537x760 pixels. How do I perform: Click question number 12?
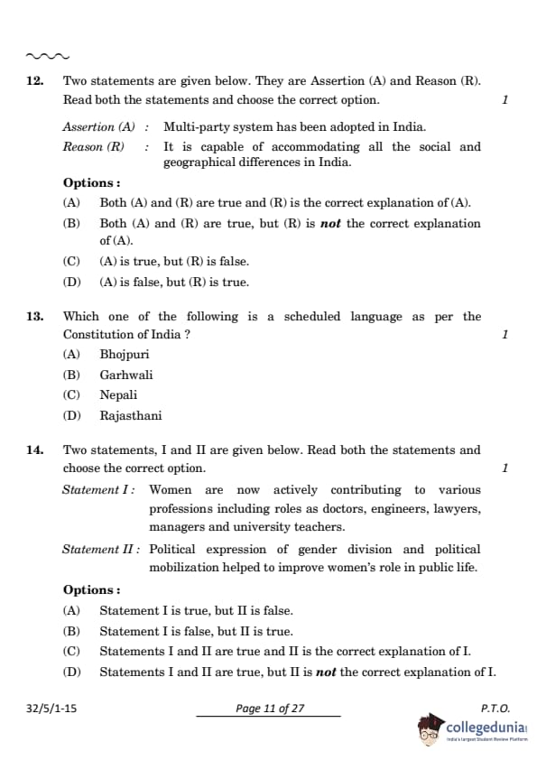point(35,80)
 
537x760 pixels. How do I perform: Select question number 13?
point(35,316)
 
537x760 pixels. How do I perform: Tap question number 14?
point(35,450)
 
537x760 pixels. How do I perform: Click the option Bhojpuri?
point(125,355)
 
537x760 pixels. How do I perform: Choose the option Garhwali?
point(126,375)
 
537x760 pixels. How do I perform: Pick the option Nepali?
point(118,394)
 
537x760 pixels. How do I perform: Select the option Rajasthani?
point(131,415)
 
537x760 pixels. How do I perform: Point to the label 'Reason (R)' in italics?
point(95,146)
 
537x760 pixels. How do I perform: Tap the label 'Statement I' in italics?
point(98,490)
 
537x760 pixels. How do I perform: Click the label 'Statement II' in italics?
point(101,549)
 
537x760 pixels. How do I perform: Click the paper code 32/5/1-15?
point(51,709)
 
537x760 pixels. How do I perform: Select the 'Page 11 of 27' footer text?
point(270,709)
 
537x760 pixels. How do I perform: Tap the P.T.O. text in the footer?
point(495,709)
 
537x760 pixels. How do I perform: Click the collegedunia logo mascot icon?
point(431,728)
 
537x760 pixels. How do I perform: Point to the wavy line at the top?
point(48,55)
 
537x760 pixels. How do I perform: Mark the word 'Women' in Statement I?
point(171,490)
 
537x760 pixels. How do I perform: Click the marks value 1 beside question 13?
point(505,335)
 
